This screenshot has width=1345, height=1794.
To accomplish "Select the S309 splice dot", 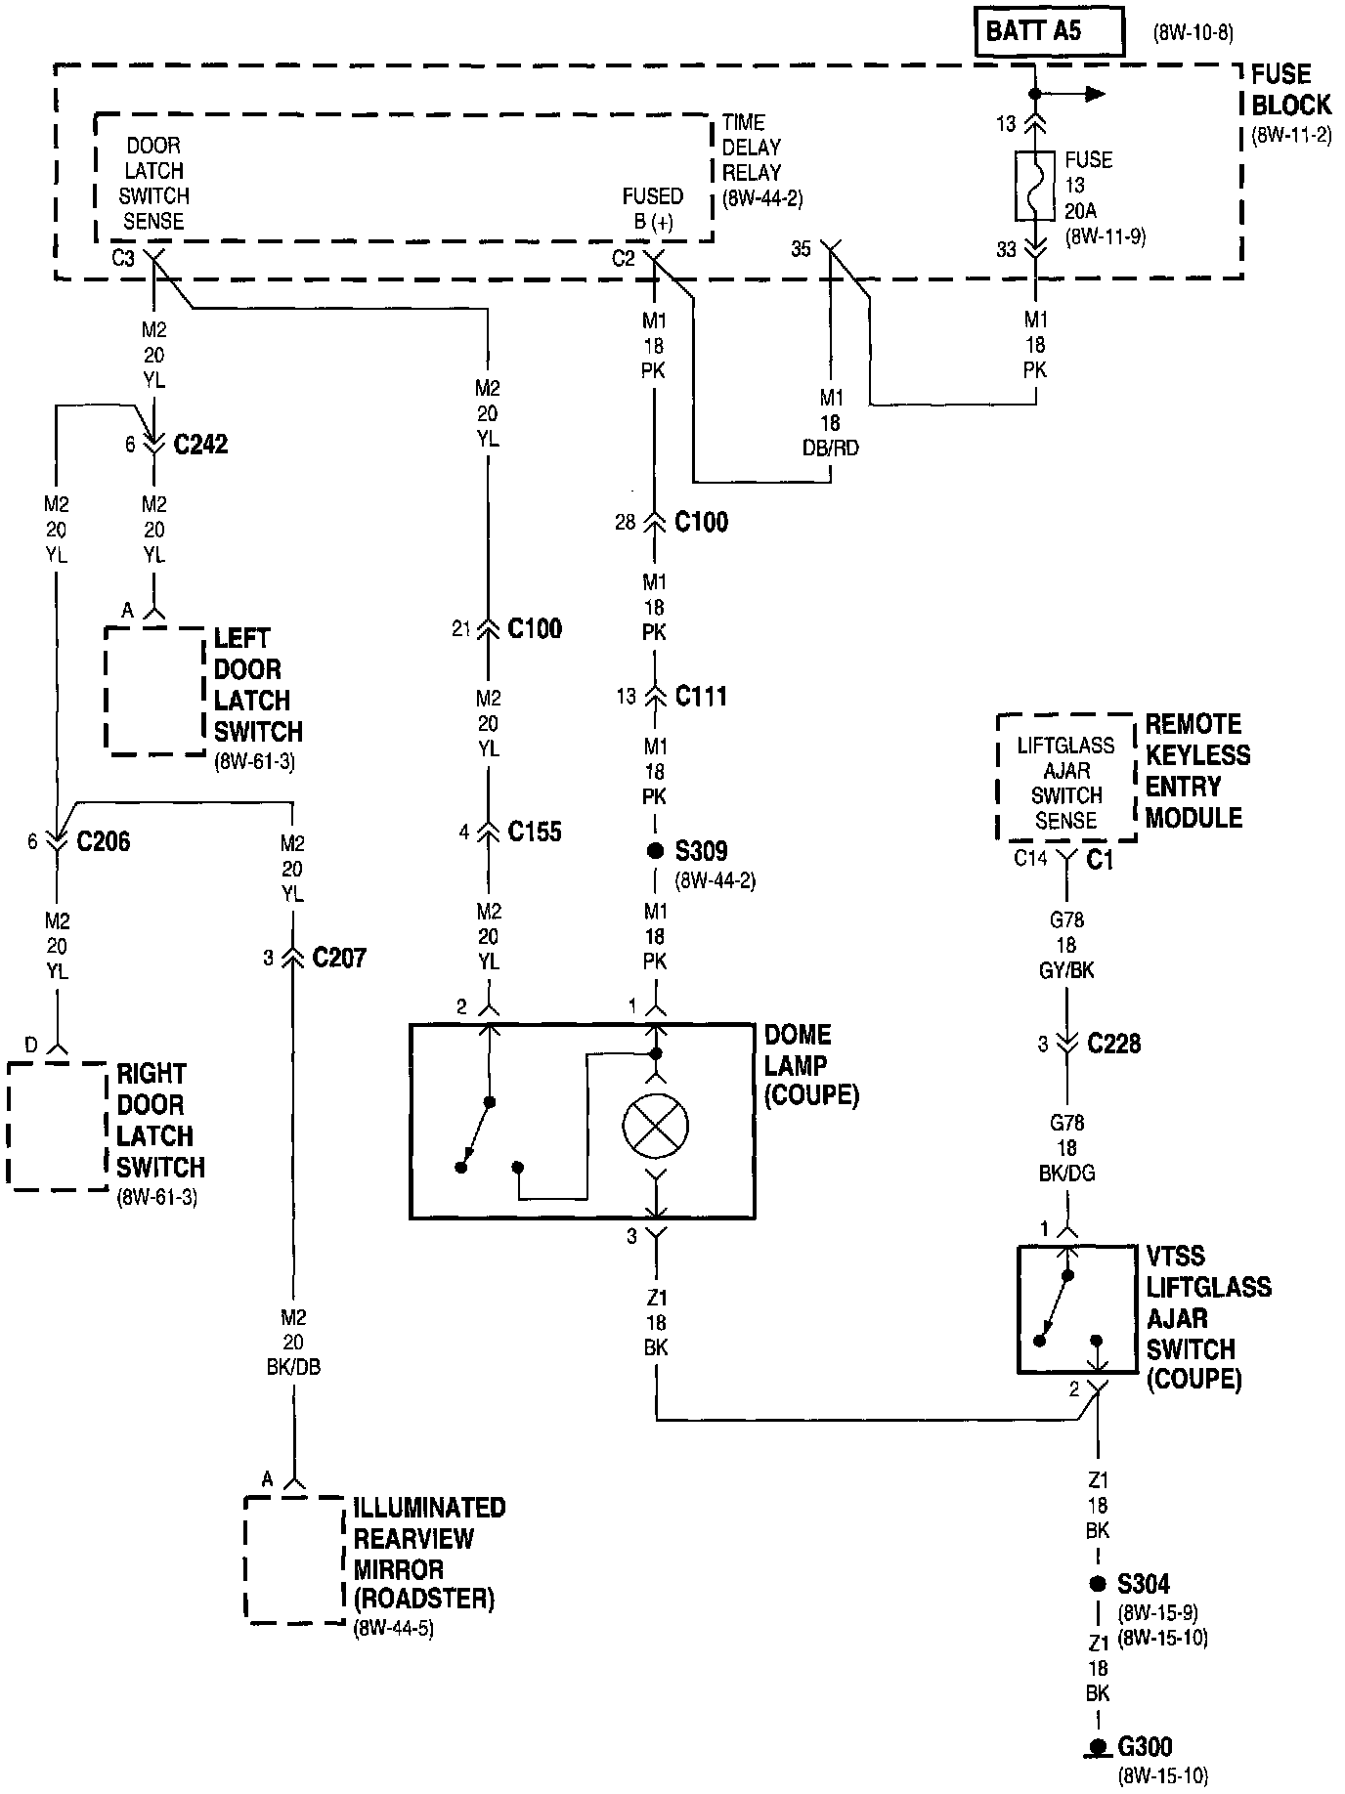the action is coord(654,851).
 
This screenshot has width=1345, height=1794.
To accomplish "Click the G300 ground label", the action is coord(1145,1747).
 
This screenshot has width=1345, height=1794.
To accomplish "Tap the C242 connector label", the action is coord(200,445).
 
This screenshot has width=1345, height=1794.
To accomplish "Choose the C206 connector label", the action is coord(103,841).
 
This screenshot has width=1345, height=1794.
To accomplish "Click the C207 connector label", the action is coord(339,958).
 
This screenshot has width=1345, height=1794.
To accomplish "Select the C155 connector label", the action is coord(535,832).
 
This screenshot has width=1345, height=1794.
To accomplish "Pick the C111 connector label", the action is coord(701,697).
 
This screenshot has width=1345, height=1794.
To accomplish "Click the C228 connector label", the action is coord(1114,1044).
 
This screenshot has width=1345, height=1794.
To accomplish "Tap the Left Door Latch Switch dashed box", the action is coord(154,691).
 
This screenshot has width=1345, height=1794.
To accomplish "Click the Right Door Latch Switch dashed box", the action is coord(56,1126).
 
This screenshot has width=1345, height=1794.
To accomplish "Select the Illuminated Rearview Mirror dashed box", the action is coord(293,1559).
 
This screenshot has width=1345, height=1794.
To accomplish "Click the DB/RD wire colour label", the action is coord(831,448).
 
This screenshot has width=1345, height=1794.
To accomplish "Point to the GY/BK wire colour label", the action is coord(1066,970).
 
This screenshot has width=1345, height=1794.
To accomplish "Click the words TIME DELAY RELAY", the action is coord(752,148).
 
